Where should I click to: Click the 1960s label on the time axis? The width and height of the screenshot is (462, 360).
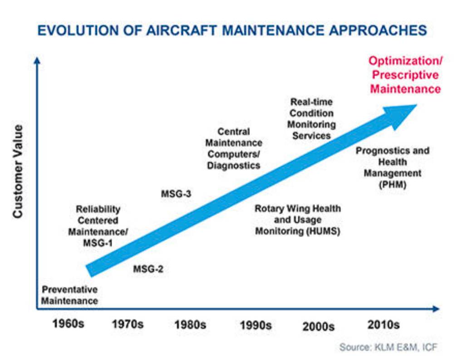(x=68, y=324)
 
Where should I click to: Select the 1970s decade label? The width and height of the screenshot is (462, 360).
(x=128, y=324)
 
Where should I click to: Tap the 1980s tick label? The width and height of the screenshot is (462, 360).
(x=190, y=325)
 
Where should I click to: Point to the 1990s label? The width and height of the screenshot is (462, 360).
(x=256, y=325)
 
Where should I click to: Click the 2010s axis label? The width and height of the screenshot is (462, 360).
(x=383, y=325)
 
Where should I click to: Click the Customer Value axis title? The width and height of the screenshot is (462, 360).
(x=18, y=171)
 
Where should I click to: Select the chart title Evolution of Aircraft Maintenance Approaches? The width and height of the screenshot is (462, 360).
(x=232, y=30)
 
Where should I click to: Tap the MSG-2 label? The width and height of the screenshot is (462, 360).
(x=148, y=269)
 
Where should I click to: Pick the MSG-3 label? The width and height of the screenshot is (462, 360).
(x=176, y=194)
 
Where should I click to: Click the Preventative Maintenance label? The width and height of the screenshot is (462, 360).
(x=69, y=295)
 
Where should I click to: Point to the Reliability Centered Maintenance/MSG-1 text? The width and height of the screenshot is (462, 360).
(x=98, y=226)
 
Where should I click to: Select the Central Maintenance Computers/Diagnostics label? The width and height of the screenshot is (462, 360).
(x=234, y=148)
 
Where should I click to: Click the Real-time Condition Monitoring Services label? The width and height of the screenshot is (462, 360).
(x=311, y=119)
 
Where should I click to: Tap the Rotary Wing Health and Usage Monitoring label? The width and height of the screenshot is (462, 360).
(x=298, y=220)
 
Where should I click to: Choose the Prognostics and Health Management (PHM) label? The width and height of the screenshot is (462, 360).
(x=393, y=168)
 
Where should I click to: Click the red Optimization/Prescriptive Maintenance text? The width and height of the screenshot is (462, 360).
(x=405, y=75)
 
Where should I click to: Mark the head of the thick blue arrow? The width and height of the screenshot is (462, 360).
(x=417, y=105)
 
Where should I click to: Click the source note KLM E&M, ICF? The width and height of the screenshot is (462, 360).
(x=388, y=347)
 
